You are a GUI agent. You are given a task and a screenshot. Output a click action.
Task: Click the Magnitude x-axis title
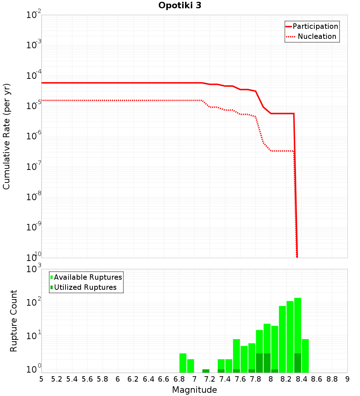click(194, 390)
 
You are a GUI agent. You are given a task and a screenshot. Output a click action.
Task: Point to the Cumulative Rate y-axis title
click(6, 136)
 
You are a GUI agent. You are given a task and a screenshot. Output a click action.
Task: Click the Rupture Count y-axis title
click(14, 321)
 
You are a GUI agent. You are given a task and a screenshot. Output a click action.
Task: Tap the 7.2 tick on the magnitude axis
click(210, 379)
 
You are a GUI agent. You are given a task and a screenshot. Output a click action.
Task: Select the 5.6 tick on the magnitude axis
click(87, 379)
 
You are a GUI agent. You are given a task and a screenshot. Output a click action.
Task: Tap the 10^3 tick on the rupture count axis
click(35, 269)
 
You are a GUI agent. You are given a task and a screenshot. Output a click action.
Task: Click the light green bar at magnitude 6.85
click(183, 363)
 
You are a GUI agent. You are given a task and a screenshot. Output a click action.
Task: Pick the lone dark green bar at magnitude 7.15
click(206, 371)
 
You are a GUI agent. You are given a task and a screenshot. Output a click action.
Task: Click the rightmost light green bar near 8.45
click(305, 356)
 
